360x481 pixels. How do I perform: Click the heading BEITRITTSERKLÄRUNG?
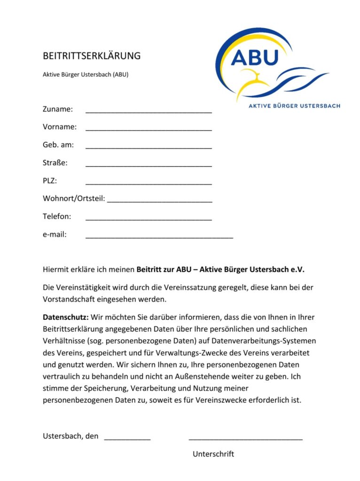(92, 56)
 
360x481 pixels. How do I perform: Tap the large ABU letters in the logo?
(255, 57)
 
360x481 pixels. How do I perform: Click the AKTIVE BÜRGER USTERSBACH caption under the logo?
(294, 106)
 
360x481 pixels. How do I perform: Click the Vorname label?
(59, 127)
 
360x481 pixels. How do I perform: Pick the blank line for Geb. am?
(149, 147)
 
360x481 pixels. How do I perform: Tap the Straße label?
(55, 163)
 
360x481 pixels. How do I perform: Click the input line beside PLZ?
(149, 183)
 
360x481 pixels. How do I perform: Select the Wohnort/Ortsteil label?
(74, 199)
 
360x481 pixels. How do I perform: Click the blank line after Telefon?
(149, 219)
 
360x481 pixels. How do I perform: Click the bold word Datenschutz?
(65, 317)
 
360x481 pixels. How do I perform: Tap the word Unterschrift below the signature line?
(213, 454)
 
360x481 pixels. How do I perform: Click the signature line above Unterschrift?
(245, 438)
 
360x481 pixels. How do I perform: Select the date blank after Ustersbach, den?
(127, 438)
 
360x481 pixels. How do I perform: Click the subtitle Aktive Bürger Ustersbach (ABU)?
(86, 74)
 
